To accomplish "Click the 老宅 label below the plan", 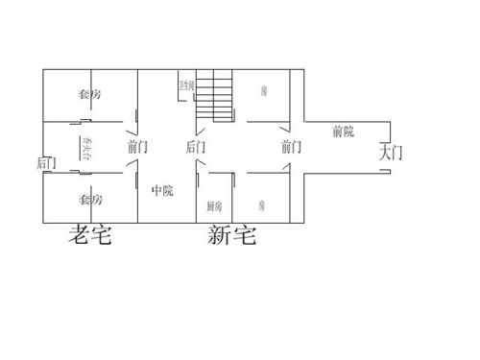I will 88,234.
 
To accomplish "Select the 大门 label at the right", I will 391,151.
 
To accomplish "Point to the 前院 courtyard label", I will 345,131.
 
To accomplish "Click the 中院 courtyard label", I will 162,190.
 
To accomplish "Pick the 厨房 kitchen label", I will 214,206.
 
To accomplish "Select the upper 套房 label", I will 90,94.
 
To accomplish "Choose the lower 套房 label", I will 90,200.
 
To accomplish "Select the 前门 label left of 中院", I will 137,147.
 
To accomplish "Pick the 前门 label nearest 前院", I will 292,147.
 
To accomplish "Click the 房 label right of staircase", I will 263,91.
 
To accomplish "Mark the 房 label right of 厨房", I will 262,205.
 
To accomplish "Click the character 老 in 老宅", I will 76,234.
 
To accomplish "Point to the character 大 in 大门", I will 384,151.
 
